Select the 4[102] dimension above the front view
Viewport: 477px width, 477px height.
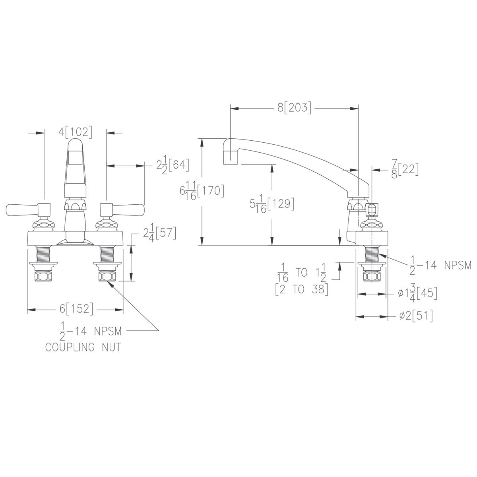[75, 132]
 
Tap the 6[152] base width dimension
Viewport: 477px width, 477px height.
[76, 309]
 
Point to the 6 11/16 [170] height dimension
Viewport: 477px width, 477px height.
[202, 191]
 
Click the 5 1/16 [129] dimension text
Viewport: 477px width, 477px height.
[272, 204]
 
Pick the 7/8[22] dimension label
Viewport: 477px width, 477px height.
[405, 169]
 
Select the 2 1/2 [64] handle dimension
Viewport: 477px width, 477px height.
[173, 165]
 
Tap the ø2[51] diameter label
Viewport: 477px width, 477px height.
[416, 316]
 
